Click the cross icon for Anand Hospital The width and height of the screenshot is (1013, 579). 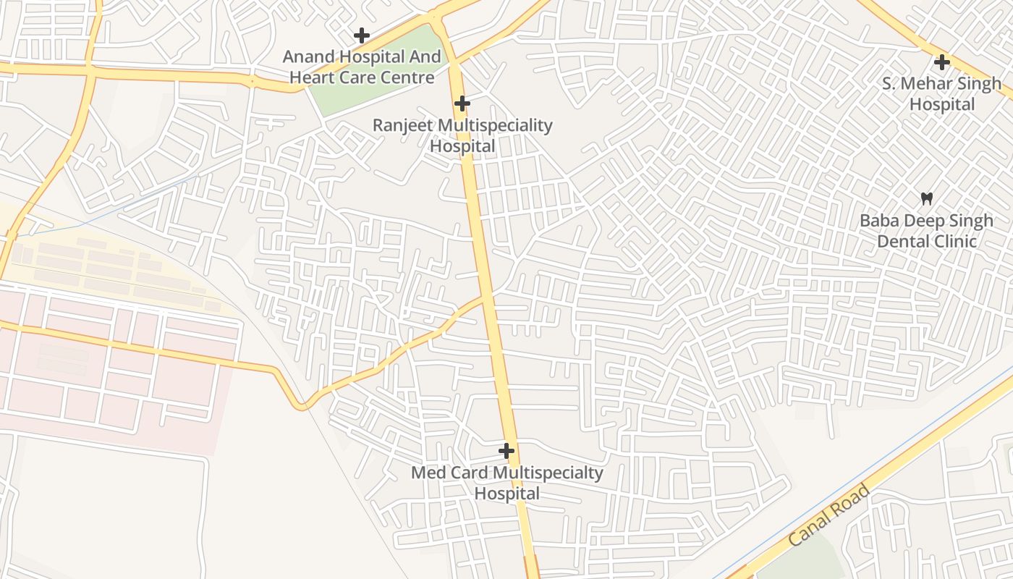pyautogui.click(x=361, y=35)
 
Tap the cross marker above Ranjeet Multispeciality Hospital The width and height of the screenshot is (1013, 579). pyautogui.click(x=462, y=103)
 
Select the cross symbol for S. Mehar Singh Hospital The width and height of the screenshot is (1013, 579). pyautogui.click(x=941, y=62)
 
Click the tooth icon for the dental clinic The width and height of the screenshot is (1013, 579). pyautogui.click(x=926, y=198)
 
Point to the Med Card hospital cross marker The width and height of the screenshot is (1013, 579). pyautogui.click(x=506, y=451)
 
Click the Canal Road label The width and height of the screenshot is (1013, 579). pyautogui.click(x=828, y=515)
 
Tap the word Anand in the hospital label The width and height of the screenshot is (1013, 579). pyautogui.click(x=308, y=56)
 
